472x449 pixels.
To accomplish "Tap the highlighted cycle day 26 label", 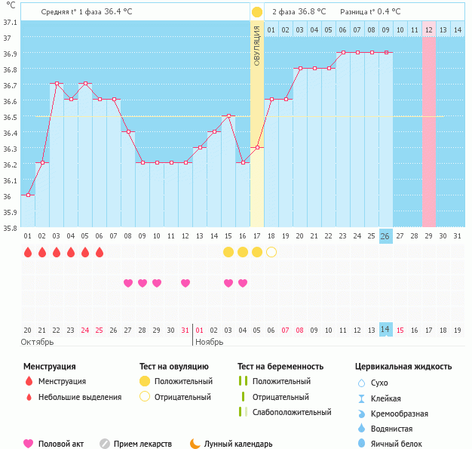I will pos(385,236).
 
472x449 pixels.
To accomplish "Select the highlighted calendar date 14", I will pos(385,330).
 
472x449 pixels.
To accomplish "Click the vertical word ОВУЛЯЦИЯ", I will pos(256,45).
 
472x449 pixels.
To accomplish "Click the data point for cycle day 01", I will pos(28,195).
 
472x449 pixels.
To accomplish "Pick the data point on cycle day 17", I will pos(257,147).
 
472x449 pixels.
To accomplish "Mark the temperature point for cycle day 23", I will pos(343,53).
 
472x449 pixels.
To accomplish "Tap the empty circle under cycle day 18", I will pos(271,251).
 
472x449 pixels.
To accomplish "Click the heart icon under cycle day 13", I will pos(185,283).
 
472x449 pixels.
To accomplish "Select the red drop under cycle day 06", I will pos(100,251).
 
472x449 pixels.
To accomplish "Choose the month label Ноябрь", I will pos(210,343).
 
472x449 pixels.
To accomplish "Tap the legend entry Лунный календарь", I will pos(231,444).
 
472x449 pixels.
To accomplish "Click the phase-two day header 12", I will pos(428,29).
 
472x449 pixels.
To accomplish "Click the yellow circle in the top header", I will pos(257,12).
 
